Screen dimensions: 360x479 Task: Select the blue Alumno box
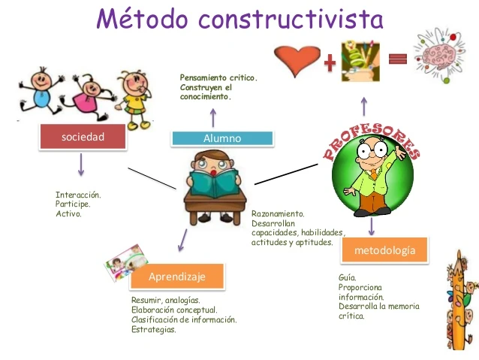[222, 138]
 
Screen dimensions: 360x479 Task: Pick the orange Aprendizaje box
[177, 277]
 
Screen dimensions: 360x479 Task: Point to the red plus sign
[327, 62]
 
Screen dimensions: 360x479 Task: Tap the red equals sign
[398, 59]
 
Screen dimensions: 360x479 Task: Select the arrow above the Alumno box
[212, 116]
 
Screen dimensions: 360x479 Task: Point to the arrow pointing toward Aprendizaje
[181, 239]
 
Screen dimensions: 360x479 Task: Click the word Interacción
[78, 195]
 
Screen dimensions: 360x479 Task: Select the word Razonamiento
[278, 213]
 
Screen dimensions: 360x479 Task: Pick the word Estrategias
[154, 329]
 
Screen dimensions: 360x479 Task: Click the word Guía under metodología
[347, 277]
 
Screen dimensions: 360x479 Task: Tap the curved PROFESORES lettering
[372, 135]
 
